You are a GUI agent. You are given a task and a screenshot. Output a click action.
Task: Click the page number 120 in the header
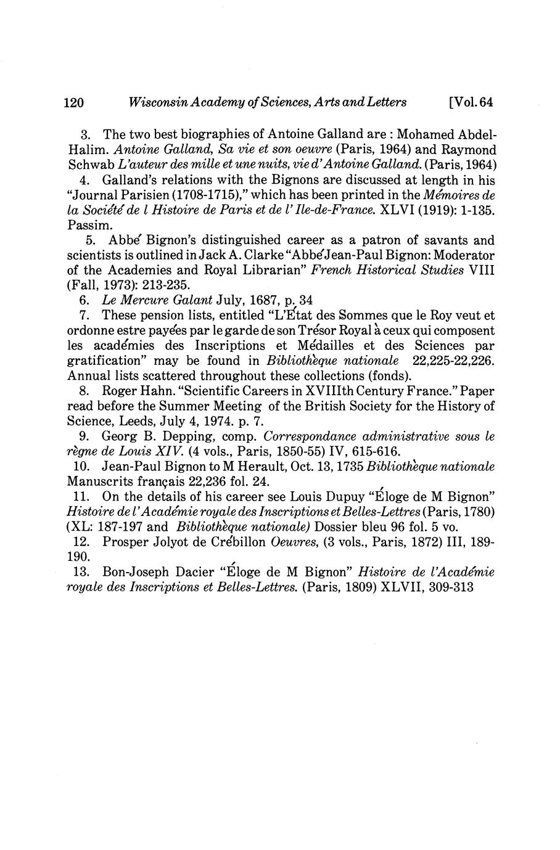[73, 102]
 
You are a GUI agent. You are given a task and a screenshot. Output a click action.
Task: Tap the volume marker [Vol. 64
[472, 102]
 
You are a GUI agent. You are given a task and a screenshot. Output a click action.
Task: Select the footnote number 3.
[86, 134]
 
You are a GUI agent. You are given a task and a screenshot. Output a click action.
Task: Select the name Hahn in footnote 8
[149, 391]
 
